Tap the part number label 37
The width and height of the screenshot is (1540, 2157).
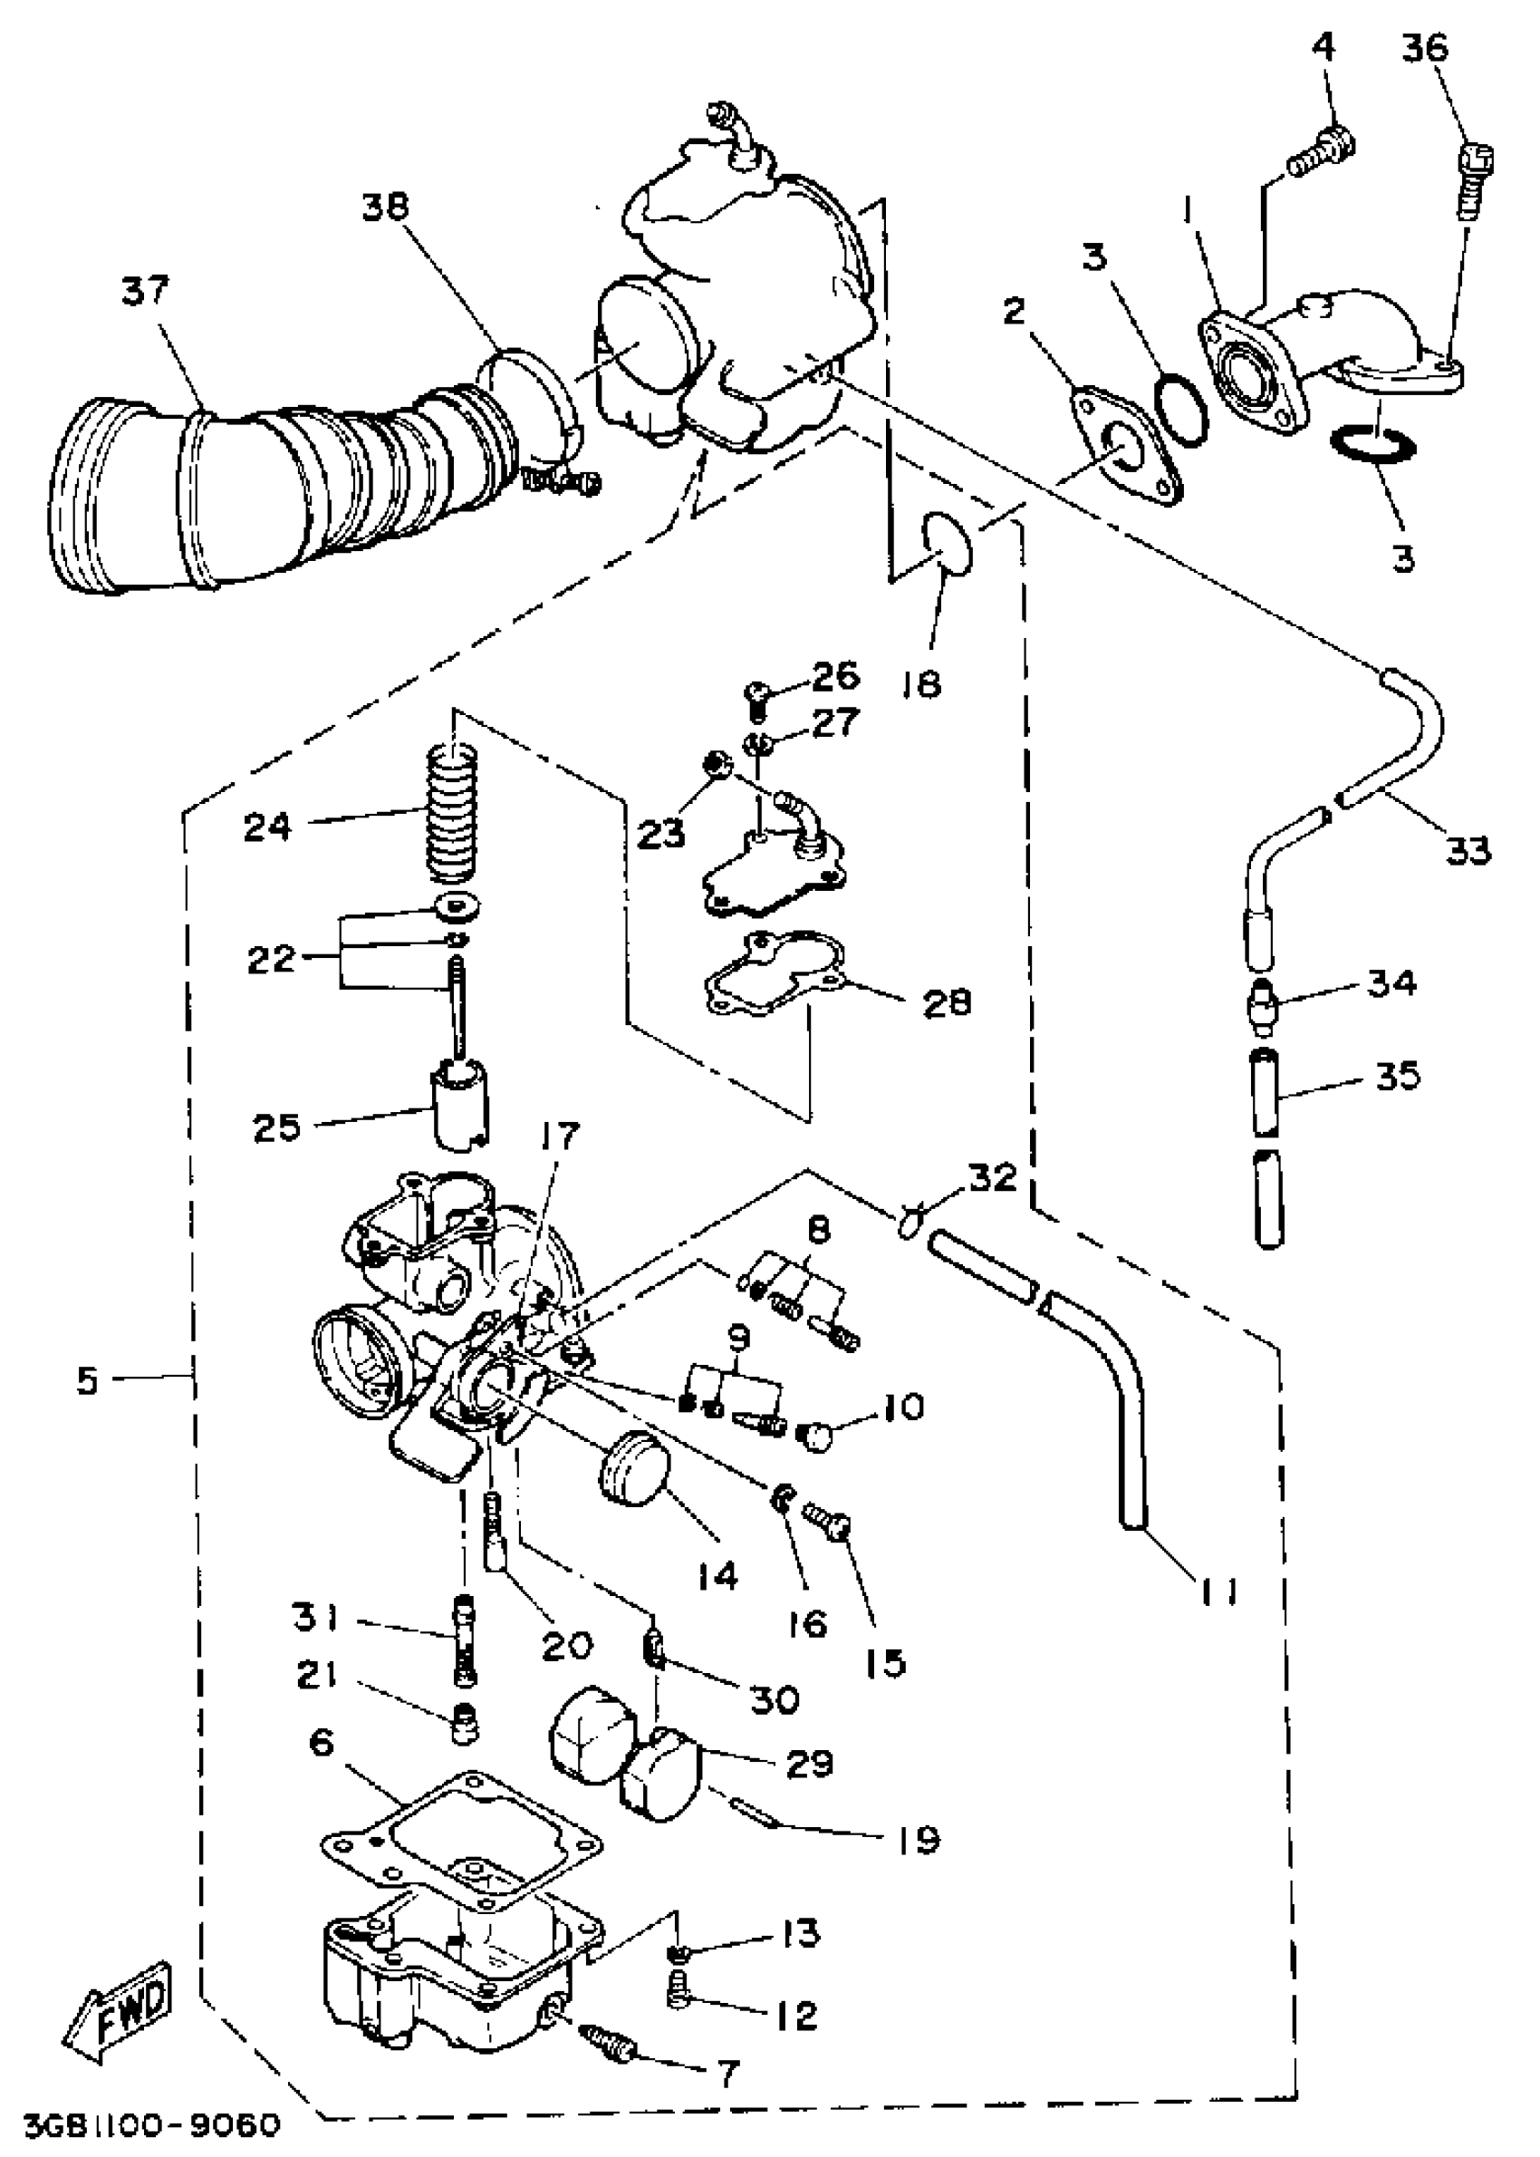(144, 291)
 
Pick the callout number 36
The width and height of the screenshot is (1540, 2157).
(1425, 48)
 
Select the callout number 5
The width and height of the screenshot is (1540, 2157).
(87, 1380)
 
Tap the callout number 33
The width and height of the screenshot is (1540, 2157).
(1468, 850)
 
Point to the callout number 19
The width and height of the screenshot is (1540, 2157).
(918, 1840)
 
